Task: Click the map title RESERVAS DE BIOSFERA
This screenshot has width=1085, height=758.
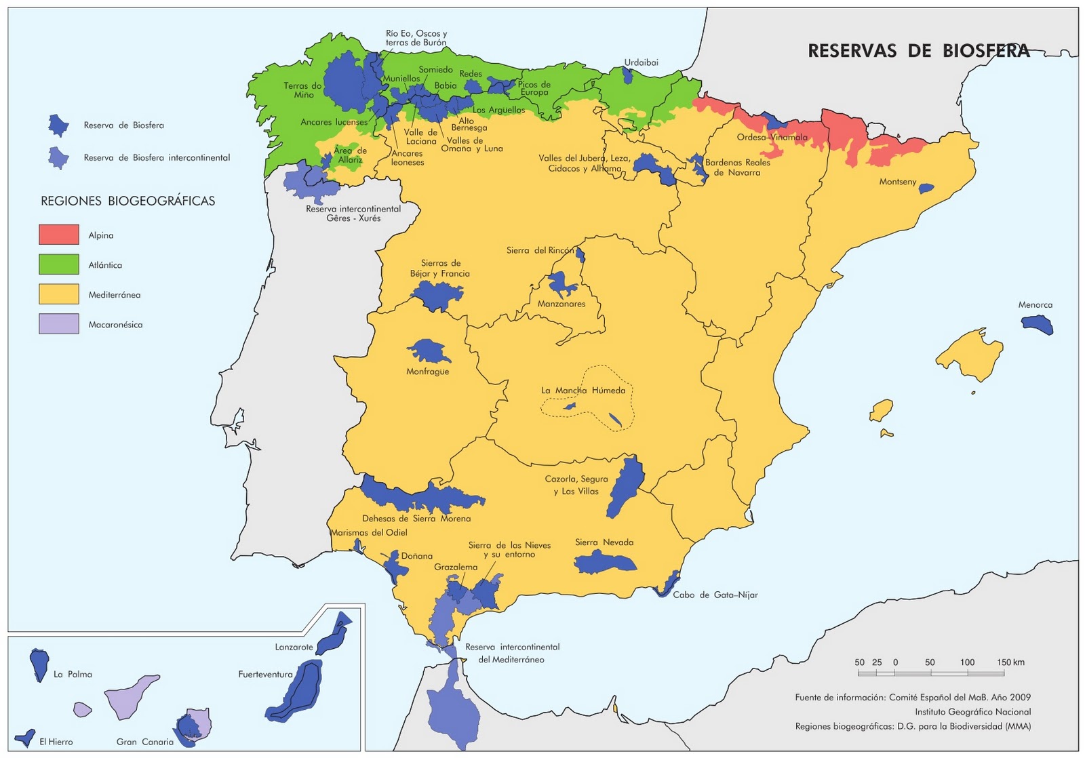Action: [918, 51]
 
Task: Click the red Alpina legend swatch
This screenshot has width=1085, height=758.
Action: [59, 235]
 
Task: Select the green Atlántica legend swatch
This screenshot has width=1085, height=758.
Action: [59, 264]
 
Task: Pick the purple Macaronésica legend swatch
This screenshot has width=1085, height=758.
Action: [59, 324]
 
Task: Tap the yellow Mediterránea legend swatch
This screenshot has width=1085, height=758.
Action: [59, 294]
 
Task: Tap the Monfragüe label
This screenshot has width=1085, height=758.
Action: [427, 372]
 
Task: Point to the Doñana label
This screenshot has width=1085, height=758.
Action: [416, 556]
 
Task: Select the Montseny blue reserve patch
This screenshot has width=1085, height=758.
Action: [926, 188]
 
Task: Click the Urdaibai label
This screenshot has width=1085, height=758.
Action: [641, 62]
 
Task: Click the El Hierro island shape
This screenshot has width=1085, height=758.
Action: [26, 738]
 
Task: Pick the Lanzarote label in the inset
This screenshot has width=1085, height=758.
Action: [294, 647]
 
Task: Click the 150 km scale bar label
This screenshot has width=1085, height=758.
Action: [1010, 662]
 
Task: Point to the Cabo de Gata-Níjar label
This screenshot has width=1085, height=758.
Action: [715, 595]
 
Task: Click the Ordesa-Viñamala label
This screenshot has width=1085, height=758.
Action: [772, 138]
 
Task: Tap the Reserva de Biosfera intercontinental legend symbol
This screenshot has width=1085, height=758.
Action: [58, 157]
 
